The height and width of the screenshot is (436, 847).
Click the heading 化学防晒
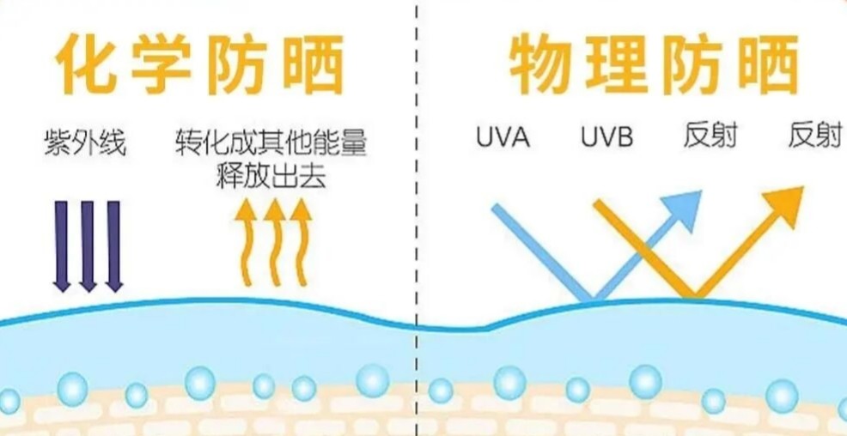[x=200, y=64]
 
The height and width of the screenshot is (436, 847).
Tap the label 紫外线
[x=84, y=142]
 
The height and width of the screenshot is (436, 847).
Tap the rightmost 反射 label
[x=814, y=136]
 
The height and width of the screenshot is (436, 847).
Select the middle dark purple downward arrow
[x=88, y=245]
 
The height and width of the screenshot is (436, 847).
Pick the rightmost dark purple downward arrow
[x=113, y=245]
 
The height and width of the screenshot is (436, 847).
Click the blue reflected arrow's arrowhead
[x=685, y=208]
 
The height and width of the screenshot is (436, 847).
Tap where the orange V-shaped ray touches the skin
[x=693, y=297]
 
